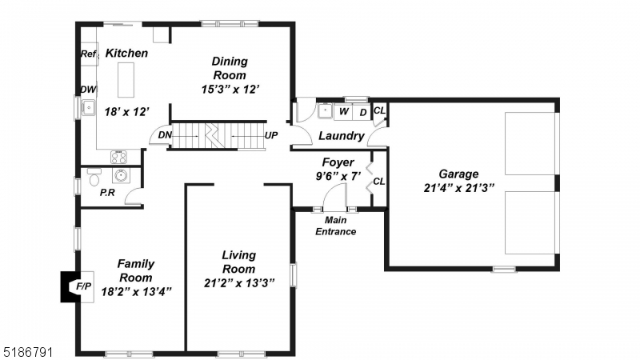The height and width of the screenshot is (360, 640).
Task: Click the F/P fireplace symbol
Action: click(82, 286)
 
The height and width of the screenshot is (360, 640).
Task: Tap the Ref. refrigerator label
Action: click(88, 54)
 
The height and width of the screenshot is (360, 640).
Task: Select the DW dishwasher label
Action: click(87, 90)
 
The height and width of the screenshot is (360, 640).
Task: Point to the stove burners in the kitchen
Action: click(118, 157)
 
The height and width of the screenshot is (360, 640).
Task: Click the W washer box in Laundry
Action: click(343, 112)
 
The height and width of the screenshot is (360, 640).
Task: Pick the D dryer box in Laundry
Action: click(362, 112)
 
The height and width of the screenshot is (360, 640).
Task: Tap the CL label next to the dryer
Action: click(380, 110)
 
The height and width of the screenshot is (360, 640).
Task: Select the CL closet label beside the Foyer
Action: click(379, 182)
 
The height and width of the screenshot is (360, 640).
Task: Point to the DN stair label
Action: click(165, 136)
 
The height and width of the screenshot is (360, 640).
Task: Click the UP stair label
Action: click(271, 136)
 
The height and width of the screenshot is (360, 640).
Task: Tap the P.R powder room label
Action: click(106, 194)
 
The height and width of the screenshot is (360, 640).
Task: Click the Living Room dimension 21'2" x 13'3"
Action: click(238, 282)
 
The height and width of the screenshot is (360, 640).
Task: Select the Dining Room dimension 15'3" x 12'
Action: click(230, 90)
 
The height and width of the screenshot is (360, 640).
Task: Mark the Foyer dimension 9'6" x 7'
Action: click(339, 176)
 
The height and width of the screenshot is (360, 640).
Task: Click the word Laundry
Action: click(342, 137)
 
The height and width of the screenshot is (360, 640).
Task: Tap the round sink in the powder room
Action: click(122, 176)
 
